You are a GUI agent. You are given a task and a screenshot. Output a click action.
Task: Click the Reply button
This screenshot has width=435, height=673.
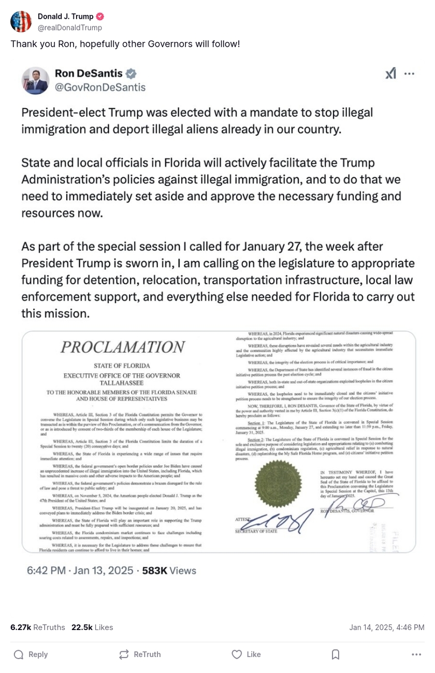[31, 654]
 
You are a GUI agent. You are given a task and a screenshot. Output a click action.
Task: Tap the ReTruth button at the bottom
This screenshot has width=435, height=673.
[139, 654]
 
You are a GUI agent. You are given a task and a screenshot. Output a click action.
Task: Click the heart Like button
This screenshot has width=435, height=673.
[246, 654]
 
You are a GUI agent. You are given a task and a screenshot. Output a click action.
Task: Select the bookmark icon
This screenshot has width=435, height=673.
[335, 654]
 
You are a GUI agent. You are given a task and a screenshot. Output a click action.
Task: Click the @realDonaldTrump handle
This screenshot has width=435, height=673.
[70, 27]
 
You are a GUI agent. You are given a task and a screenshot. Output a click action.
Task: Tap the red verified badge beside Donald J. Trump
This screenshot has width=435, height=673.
[100, 17]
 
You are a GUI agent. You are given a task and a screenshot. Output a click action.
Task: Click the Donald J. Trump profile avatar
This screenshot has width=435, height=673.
[21, 21]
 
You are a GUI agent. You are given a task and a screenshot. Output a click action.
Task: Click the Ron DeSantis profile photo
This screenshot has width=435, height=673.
[35, 80]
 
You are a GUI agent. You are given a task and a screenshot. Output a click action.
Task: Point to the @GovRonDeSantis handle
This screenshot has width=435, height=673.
[100, 87]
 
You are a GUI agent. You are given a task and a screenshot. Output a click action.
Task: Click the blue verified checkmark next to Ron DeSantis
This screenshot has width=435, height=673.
[132, 73]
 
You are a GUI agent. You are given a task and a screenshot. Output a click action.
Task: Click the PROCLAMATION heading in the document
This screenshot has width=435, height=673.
[122, 347]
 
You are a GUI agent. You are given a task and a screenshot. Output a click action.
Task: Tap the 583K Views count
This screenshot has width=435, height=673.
[169, 570]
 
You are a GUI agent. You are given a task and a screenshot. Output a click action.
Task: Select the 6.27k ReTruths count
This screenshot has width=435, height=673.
[37, 627]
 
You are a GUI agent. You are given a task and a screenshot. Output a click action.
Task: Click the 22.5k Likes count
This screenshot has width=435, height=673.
[92, 627]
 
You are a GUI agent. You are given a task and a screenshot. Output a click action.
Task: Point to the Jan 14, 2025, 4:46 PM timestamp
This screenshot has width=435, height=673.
[386, 627]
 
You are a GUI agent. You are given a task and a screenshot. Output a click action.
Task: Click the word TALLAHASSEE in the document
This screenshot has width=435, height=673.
[122, 383]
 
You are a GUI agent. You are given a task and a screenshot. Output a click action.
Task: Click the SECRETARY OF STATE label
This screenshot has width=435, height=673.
[256, 531]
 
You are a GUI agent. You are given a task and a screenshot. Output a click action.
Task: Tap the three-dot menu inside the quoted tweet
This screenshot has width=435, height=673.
[409, 74]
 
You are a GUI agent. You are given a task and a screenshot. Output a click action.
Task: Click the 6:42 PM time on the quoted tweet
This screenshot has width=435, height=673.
[46, 570]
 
